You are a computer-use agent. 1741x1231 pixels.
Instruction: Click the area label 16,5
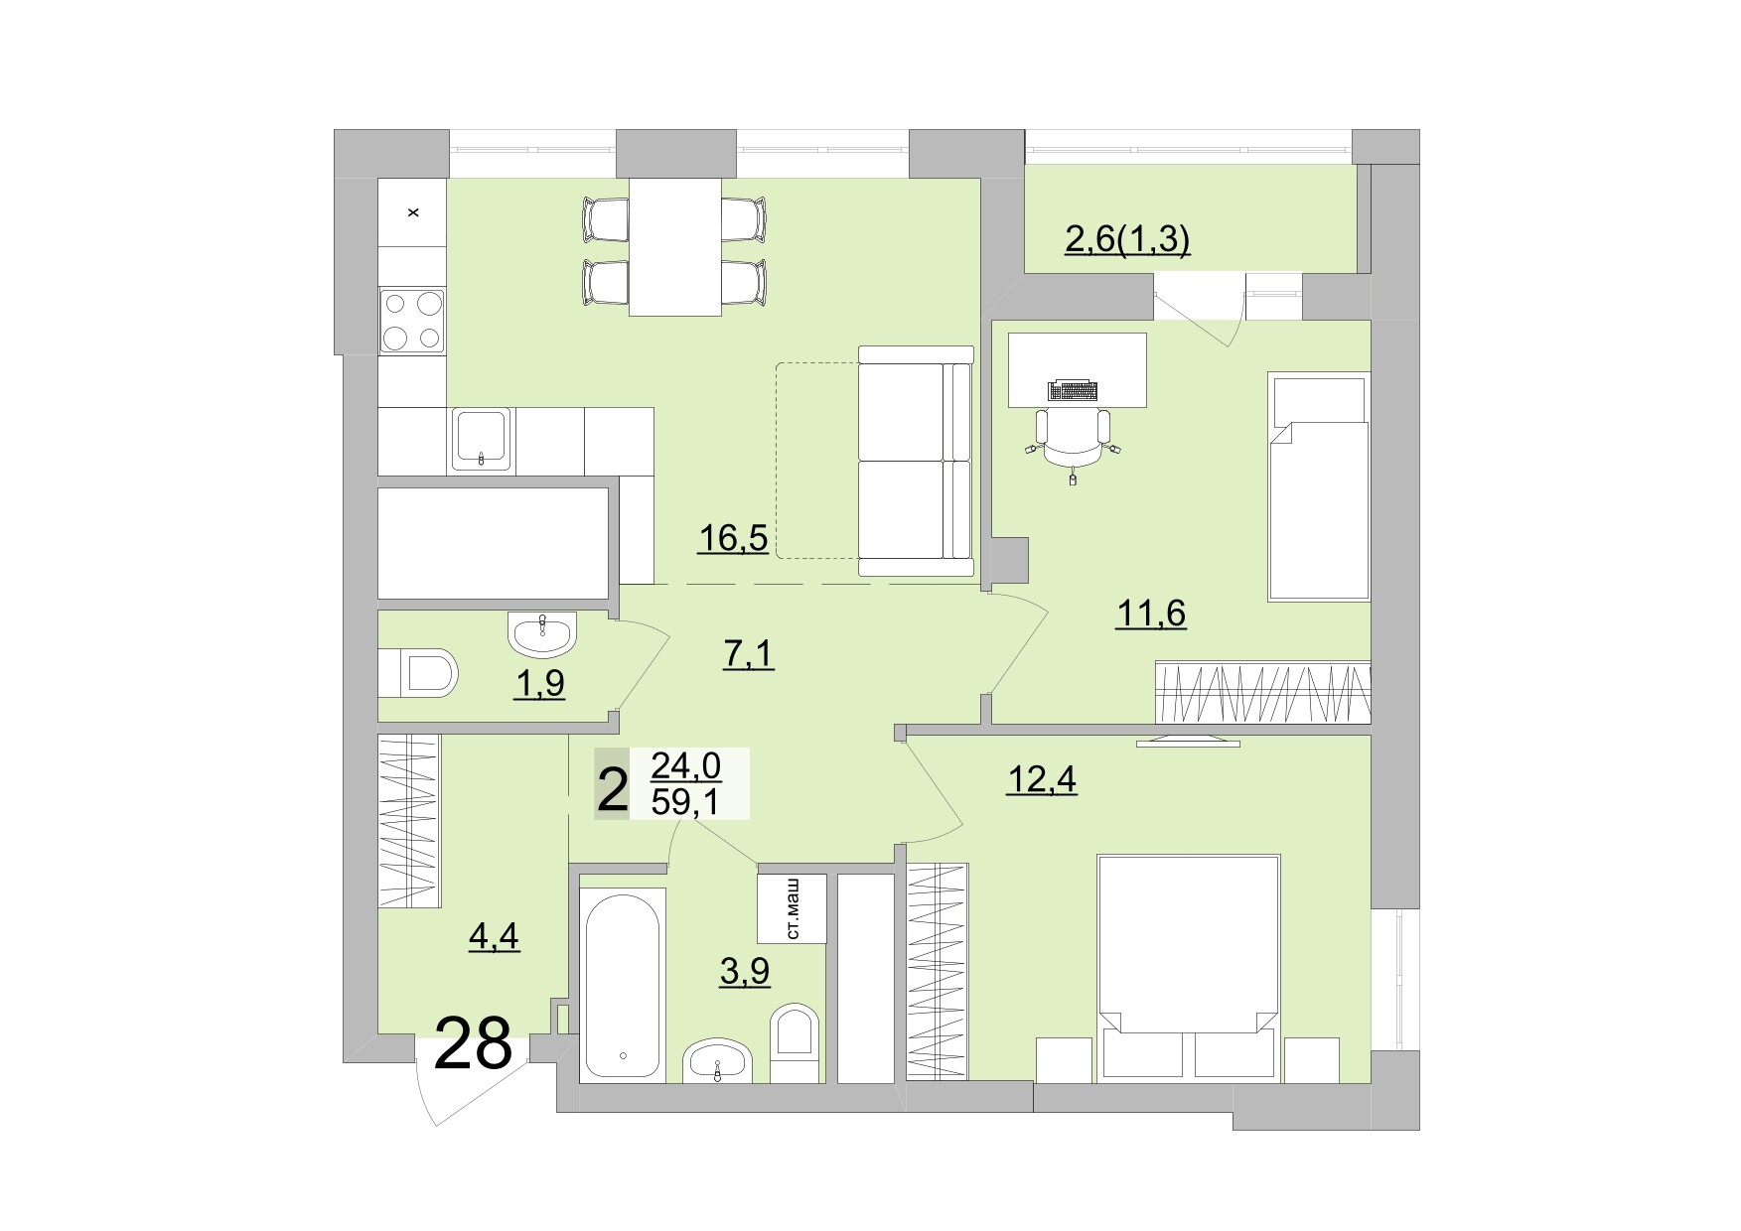pos(733,538)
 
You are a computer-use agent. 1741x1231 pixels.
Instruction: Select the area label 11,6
pos(1151,614)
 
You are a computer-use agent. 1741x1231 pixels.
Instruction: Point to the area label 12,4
pos(1042,780)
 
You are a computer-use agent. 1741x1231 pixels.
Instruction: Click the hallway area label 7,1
pos(747,655)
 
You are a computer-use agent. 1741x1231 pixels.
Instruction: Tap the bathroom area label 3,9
pos(745,971)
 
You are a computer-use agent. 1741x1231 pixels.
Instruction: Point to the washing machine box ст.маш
pos(793,908)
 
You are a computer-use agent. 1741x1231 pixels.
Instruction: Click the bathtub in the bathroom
pos(623,983)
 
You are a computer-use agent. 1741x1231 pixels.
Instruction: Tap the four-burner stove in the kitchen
pos(412,321)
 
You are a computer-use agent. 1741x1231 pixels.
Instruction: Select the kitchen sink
pos(482,438)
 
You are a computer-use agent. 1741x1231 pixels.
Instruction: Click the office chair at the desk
pos(1073,437)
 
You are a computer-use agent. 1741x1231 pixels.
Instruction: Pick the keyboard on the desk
pos(1073,389)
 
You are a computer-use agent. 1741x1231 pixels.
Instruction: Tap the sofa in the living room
pos(915,460)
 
